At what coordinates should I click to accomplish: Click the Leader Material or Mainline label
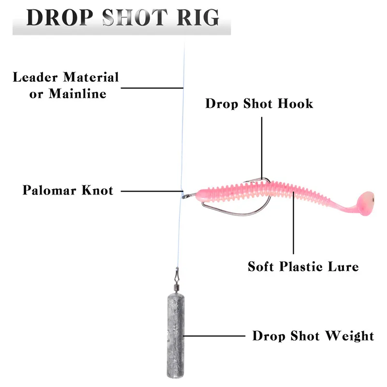click(66, 85)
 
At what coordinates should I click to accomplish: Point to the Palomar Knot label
click(68, 190)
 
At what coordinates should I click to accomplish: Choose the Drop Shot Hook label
click(259, 104)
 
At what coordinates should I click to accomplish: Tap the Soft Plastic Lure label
click(303, 266)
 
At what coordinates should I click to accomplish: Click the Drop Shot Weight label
click(313, 336)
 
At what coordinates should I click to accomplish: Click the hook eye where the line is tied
click(184, 195)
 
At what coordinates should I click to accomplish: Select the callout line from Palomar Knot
click(150, 191)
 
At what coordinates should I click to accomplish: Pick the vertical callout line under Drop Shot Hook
click(262, 145)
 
